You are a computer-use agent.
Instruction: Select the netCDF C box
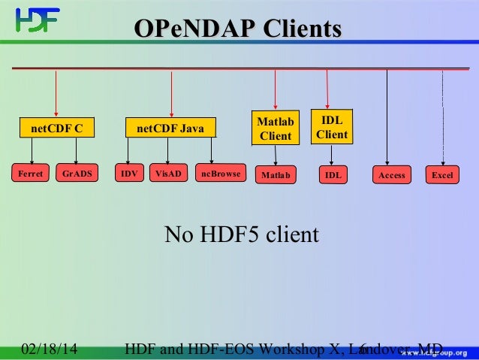click(x=56, y=129)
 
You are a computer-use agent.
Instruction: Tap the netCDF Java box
click(x=170, y=129)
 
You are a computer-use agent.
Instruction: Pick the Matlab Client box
click(x=275, y=129)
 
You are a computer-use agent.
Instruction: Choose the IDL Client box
click(x=331, y=127)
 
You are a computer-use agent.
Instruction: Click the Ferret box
click(x=31, y=174)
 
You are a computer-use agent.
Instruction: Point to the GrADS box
click(x=77, y=174)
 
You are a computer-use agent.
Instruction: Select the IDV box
click(x=129, y=174)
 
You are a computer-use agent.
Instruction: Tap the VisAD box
click(x=168, y=174)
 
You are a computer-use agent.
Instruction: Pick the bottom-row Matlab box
click(x=276, y=175)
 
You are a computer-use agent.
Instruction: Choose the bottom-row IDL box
click(x=333, y=175)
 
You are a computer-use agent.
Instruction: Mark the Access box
click(x=392, y=175)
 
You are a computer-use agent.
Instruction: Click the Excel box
click(x=443, y=175)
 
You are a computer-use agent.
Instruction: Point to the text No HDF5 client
click(x=242, y=235)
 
